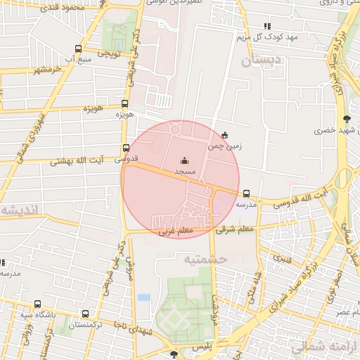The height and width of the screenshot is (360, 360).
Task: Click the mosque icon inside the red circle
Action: (184, 161)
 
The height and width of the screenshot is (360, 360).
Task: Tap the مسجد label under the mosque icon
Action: (185, 172)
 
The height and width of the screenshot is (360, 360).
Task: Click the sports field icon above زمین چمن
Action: (224, 135)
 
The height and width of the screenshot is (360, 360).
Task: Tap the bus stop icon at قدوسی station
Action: (127, 148)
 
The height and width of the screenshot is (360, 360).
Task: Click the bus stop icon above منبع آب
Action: (77, 49)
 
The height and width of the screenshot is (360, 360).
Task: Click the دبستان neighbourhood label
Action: (261, 61)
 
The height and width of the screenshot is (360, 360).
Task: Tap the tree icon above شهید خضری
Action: (345, 118)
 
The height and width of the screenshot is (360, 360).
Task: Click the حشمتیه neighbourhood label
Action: (207, 259)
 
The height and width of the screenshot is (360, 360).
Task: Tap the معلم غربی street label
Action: (174, 231)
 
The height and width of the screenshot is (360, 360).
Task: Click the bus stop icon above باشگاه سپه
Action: (37, 304)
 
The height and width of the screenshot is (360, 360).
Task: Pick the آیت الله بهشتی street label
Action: (77, 161)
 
